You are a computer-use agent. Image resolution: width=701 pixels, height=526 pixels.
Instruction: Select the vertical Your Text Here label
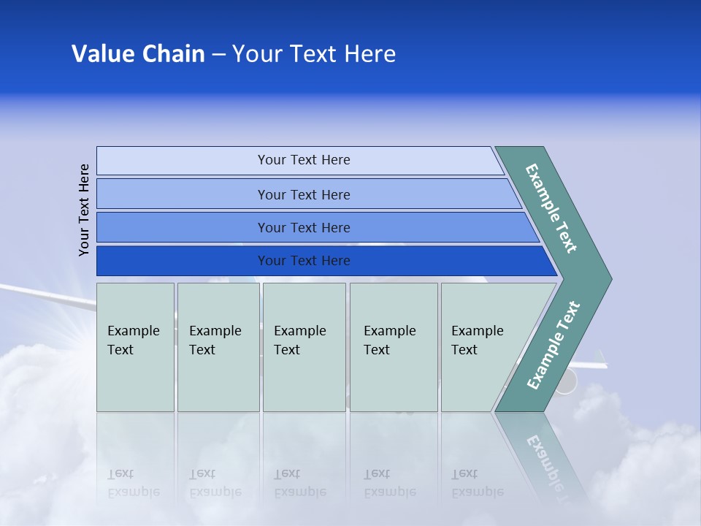(85, 210)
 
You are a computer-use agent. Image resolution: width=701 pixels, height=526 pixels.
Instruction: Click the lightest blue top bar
(303, 160)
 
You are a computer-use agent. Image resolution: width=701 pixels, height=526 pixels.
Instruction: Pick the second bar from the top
(303, 194)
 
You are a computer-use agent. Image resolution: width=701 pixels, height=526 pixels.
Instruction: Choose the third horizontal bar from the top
(303, 227)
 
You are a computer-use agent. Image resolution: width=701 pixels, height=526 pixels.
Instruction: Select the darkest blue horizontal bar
(303, 261)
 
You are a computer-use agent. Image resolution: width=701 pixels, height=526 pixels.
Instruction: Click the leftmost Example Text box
(135, 347)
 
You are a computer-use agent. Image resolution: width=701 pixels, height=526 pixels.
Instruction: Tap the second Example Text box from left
(218, 347)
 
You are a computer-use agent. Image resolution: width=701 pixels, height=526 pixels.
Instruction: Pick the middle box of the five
(304, 347)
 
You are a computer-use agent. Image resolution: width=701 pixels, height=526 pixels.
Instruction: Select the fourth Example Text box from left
(394, 347)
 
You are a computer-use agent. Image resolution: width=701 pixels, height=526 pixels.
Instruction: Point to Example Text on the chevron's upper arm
(551, 208)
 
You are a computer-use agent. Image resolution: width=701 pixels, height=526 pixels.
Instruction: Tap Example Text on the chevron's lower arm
(553, 345)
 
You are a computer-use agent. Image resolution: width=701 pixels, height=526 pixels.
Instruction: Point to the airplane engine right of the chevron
(564, 381)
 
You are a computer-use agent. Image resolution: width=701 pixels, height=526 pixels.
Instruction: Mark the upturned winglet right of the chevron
(602, 358)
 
